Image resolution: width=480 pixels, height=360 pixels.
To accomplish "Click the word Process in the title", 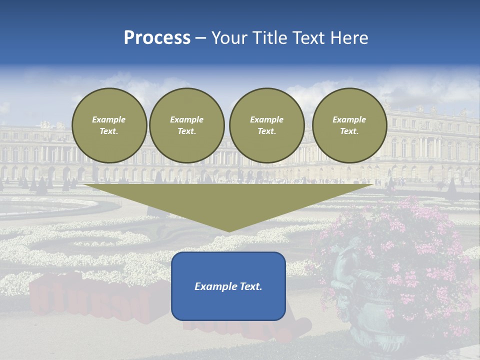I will (157, 38).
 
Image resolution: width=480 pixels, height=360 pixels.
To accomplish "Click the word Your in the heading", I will (230, 38).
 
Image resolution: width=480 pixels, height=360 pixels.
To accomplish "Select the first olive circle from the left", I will (109, 125).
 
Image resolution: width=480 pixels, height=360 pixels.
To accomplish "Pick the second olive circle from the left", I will (187, 125).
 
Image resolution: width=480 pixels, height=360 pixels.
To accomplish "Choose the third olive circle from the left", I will (266, 125).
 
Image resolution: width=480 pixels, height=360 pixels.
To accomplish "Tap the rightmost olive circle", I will (349, 125).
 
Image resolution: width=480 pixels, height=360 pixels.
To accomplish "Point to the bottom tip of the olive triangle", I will (228, 231).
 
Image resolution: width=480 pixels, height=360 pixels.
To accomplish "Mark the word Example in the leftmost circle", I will (109, 119).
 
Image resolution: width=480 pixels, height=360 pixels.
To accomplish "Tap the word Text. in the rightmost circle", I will (349, 131).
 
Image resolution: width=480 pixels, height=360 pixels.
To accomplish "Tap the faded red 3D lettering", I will (90, 300).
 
